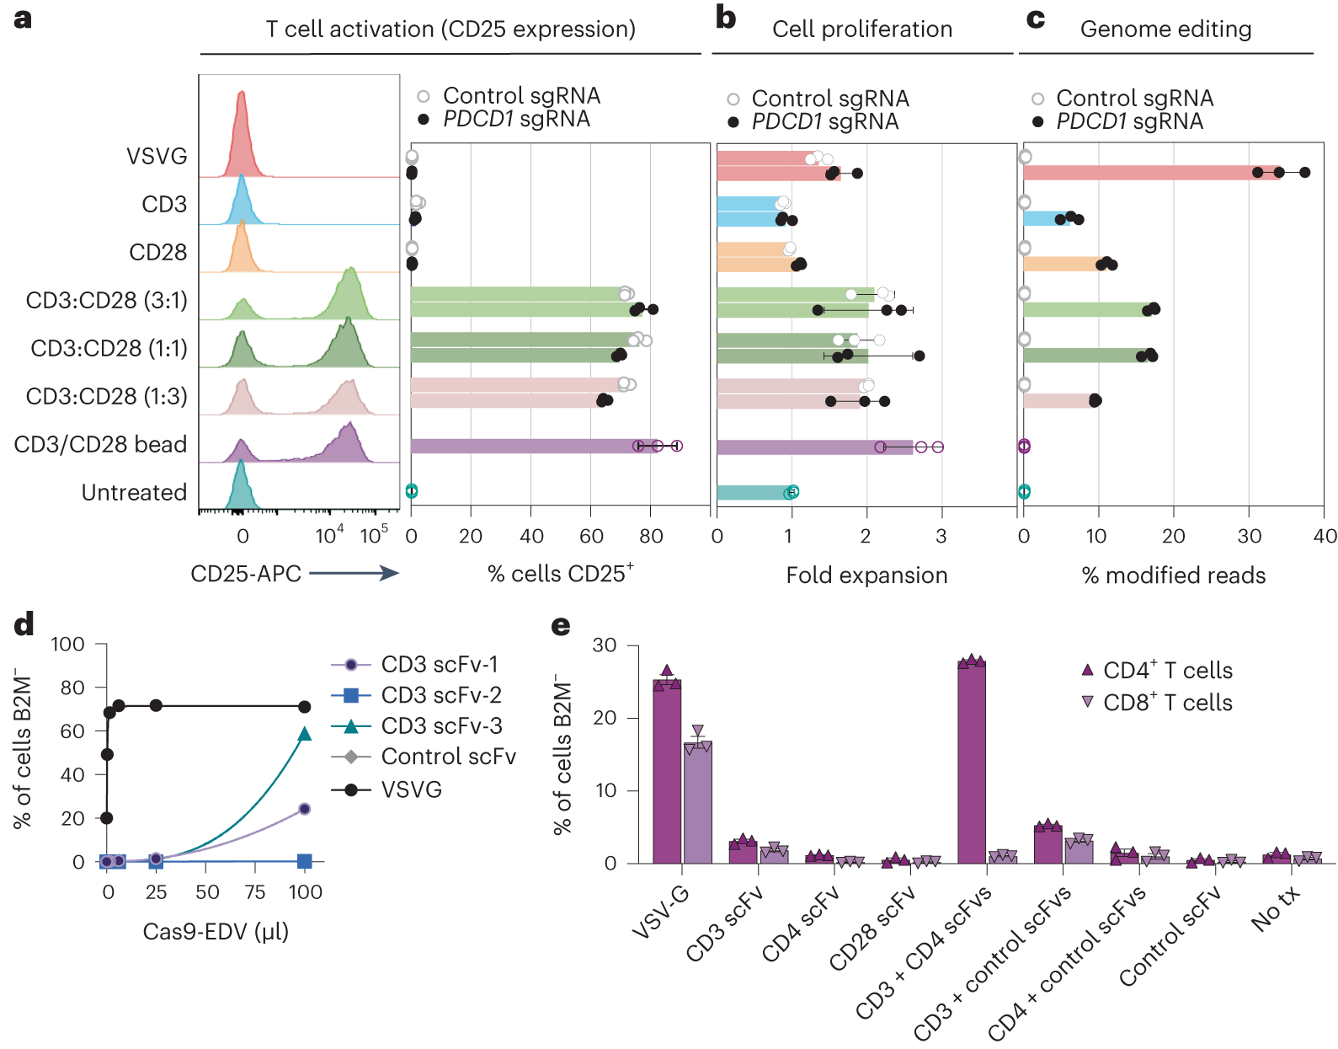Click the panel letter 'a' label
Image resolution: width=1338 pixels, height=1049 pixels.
pyautogui.click(x=23, y=19)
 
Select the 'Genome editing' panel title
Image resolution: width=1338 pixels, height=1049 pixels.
pyautogui.click(x=1165, y=29)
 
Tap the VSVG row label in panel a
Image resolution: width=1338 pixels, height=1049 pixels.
pyautogui.click(x=157, y=157)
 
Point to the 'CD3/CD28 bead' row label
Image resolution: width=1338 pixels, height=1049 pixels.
pyautogui.click(x=100, y=445)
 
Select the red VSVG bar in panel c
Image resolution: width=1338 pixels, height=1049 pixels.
pyautogui.click(x=1150, y=173)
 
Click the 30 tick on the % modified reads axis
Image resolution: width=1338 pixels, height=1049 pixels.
pyautogui.click(x=1249, y=537)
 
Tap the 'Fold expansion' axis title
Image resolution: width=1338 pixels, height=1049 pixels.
pyautogui.click(x=866, y=575)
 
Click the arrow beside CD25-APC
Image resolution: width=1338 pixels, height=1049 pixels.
pyautogui.click(x=354, y=574)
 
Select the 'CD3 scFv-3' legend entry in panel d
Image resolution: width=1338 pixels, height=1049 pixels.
pyautogui.click(x=440, y=725)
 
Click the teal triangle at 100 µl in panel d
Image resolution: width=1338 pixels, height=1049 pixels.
pyautogui.click(x=305, y=734)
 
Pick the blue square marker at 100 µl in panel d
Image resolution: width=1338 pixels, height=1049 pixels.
pyautogui.click(x=305, y=861)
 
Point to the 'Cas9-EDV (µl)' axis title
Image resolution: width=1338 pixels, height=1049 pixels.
pyautogui.click(x=216, y=932)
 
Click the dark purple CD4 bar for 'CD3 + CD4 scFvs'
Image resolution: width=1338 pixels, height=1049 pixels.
pyautogui.click(x=971, y=763)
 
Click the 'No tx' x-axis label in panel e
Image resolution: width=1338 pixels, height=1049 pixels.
pyautogui.click(x=1276, y=908)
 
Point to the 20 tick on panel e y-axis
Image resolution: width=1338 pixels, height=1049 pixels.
pyautogui.click(x=605, y=718)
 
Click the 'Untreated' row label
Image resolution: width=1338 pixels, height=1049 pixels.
pyautogui.click(x=134, y=493)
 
